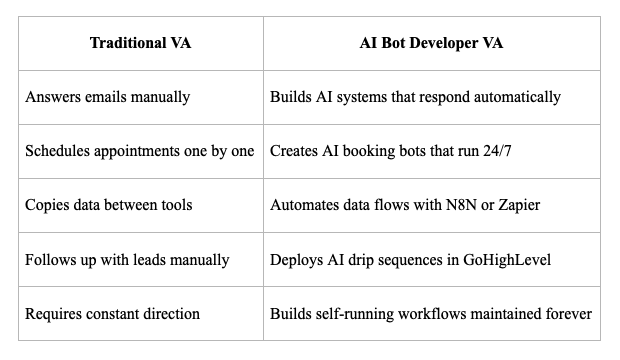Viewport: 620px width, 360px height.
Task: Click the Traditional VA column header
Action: (140, 43)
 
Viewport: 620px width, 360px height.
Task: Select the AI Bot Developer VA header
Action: (431, 43)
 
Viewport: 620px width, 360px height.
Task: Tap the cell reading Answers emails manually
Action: (108, 97)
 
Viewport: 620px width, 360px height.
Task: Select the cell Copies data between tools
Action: (109, 205)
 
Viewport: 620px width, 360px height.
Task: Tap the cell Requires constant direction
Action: (113, 313)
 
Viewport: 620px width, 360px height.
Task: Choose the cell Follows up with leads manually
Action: (127, 259)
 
